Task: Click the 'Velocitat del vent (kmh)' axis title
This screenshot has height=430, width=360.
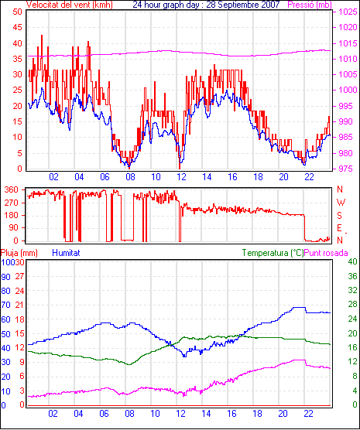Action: point(70,5)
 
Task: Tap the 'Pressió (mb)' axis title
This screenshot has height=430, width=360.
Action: point(310,5)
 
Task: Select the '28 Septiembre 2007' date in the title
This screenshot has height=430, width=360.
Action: point(243,5)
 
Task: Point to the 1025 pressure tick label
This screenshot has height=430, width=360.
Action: point(348,12)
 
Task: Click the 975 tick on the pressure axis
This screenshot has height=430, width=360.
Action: point(345,169)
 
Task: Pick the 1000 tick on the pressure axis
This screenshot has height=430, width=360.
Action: point(348,90)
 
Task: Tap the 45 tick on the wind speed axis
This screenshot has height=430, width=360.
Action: point(17,27)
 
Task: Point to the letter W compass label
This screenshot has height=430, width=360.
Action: point(341,203)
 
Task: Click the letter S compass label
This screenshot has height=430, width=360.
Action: point(340,216)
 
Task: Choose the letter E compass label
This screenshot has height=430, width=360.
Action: point(339,228)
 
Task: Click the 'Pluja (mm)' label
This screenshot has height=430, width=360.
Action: point(19,253)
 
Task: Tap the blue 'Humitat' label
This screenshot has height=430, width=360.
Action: point(66,253)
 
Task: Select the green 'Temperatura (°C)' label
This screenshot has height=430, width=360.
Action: point(273,253)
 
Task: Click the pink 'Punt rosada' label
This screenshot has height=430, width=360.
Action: point(326,253)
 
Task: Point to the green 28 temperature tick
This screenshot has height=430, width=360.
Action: point(352,305)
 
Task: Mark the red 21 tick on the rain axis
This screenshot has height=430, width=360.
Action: point(19,305)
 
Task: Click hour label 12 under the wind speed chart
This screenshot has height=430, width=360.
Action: point(181,177)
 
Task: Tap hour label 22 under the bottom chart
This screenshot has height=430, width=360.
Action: point(308,413)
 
